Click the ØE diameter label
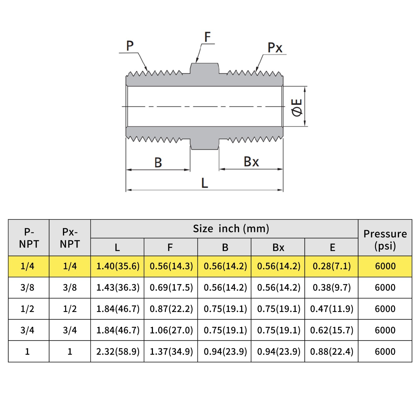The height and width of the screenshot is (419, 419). [297, 107]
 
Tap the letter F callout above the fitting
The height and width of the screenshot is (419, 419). [207, 37]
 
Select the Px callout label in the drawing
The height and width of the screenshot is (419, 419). [275, 48]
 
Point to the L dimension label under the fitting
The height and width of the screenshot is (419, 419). [205, 183]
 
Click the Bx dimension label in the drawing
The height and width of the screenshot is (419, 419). [251, 162]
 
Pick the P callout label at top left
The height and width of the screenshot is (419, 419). [130, 46]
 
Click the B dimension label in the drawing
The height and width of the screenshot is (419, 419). [158, 163]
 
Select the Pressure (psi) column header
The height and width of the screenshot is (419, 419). [385, 240]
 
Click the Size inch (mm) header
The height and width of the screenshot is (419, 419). [231, 229]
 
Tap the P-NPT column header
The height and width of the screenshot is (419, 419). [29, 238]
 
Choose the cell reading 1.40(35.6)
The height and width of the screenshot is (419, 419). [118, 266]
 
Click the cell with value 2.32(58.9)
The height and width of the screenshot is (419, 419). [118, 351]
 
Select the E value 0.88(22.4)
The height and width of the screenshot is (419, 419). [332, 351]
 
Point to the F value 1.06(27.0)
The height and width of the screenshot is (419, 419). [171, 330]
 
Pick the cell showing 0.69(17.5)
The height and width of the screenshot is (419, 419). [171, 288]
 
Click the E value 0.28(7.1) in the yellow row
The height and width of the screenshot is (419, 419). [332, 266]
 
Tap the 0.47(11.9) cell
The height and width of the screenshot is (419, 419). [332, 309]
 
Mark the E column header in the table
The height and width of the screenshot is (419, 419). [332, 247]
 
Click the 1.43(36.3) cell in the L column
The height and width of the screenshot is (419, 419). [118, 288]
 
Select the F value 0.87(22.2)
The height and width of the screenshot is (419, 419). [171, 309]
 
